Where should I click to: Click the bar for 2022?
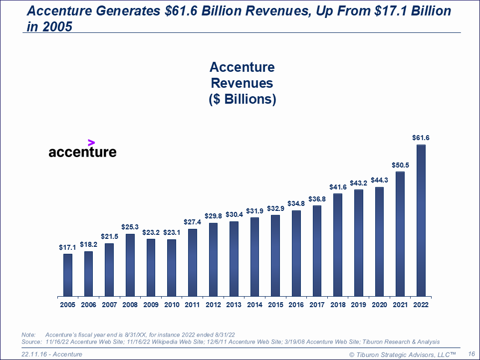coord(421,220)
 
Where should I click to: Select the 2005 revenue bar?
coord(68,275)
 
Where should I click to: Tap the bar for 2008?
coord(130,265)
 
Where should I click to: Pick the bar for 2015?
coord(275,255)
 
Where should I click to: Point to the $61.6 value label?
coord(421,138)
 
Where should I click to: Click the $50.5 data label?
coord(400,165)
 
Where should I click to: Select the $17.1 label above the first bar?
coord(68,247)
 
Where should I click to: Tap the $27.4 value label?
coord(193,222)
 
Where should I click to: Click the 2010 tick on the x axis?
coord(172,305)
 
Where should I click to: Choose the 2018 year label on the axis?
coord(338,305)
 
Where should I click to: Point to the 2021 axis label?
coord(400,305)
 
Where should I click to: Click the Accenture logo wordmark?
coord(82,152)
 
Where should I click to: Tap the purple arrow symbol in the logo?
coord(91,142)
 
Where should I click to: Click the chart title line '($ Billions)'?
coord(242,99)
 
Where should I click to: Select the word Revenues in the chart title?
coord(242,83)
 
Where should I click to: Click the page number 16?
coord(471,354)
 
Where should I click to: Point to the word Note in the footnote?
coord(29,334)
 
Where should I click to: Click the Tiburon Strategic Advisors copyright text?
coord(403,354)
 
